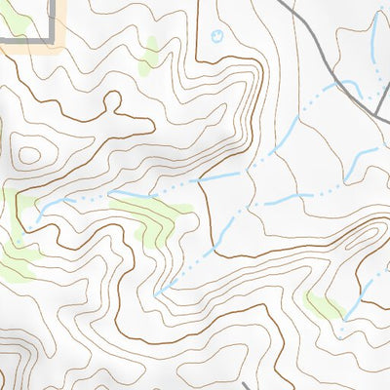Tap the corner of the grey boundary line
[x=51, y=41]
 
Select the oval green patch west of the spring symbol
[x=149, y=56]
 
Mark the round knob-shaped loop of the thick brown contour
[x=112, y=100]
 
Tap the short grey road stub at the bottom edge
[x=246, y=385]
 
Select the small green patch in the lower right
[x=325, y=307]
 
